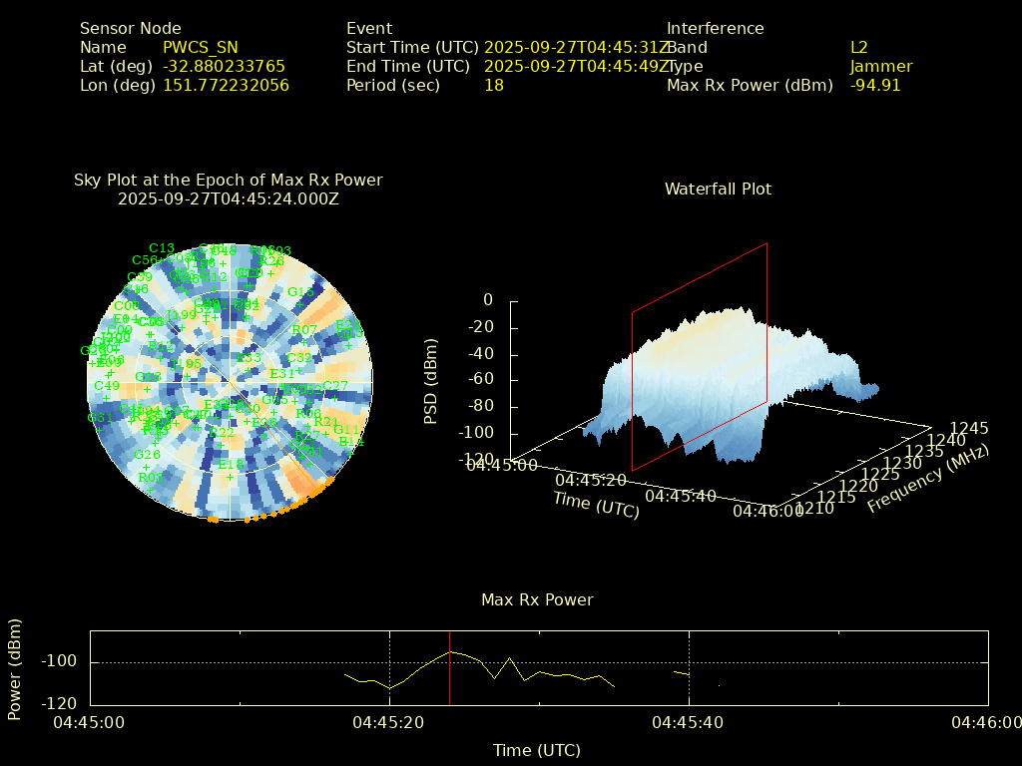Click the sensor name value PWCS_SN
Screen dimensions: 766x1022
tap(201, 48)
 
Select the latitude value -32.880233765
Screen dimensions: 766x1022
tap(225, 67)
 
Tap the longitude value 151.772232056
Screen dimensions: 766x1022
tap(227, 86)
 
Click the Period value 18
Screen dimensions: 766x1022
tap(494, 86)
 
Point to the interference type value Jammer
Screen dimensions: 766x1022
tap(881, 67)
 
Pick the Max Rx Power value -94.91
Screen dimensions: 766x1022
tap(875, 86)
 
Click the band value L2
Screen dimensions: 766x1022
tap(859, 48)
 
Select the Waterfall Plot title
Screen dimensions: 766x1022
tap(718, 190)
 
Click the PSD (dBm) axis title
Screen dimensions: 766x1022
tap(431, 379)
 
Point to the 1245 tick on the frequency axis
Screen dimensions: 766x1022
tap(969, 429)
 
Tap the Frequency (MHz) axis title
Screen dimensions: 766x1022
tap(928, 480)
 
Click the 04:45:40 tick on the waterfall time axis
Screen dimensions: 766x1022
tap(681, 496)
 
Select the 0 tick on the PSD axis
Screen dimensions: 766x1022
tap(488, 300)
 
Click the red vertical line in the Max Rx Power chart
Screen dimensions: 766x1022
tap(450, 667)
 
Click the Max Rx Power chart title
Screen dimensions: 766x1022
tap(537, 600)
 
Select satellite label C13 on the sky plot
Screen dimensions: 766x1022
tap(162, 248)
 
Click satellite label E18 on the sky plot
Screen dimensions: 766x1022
tap(231, 465)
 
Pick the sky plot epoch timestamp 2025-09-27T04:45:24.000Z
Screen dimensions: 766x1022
tap(229, 198)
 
